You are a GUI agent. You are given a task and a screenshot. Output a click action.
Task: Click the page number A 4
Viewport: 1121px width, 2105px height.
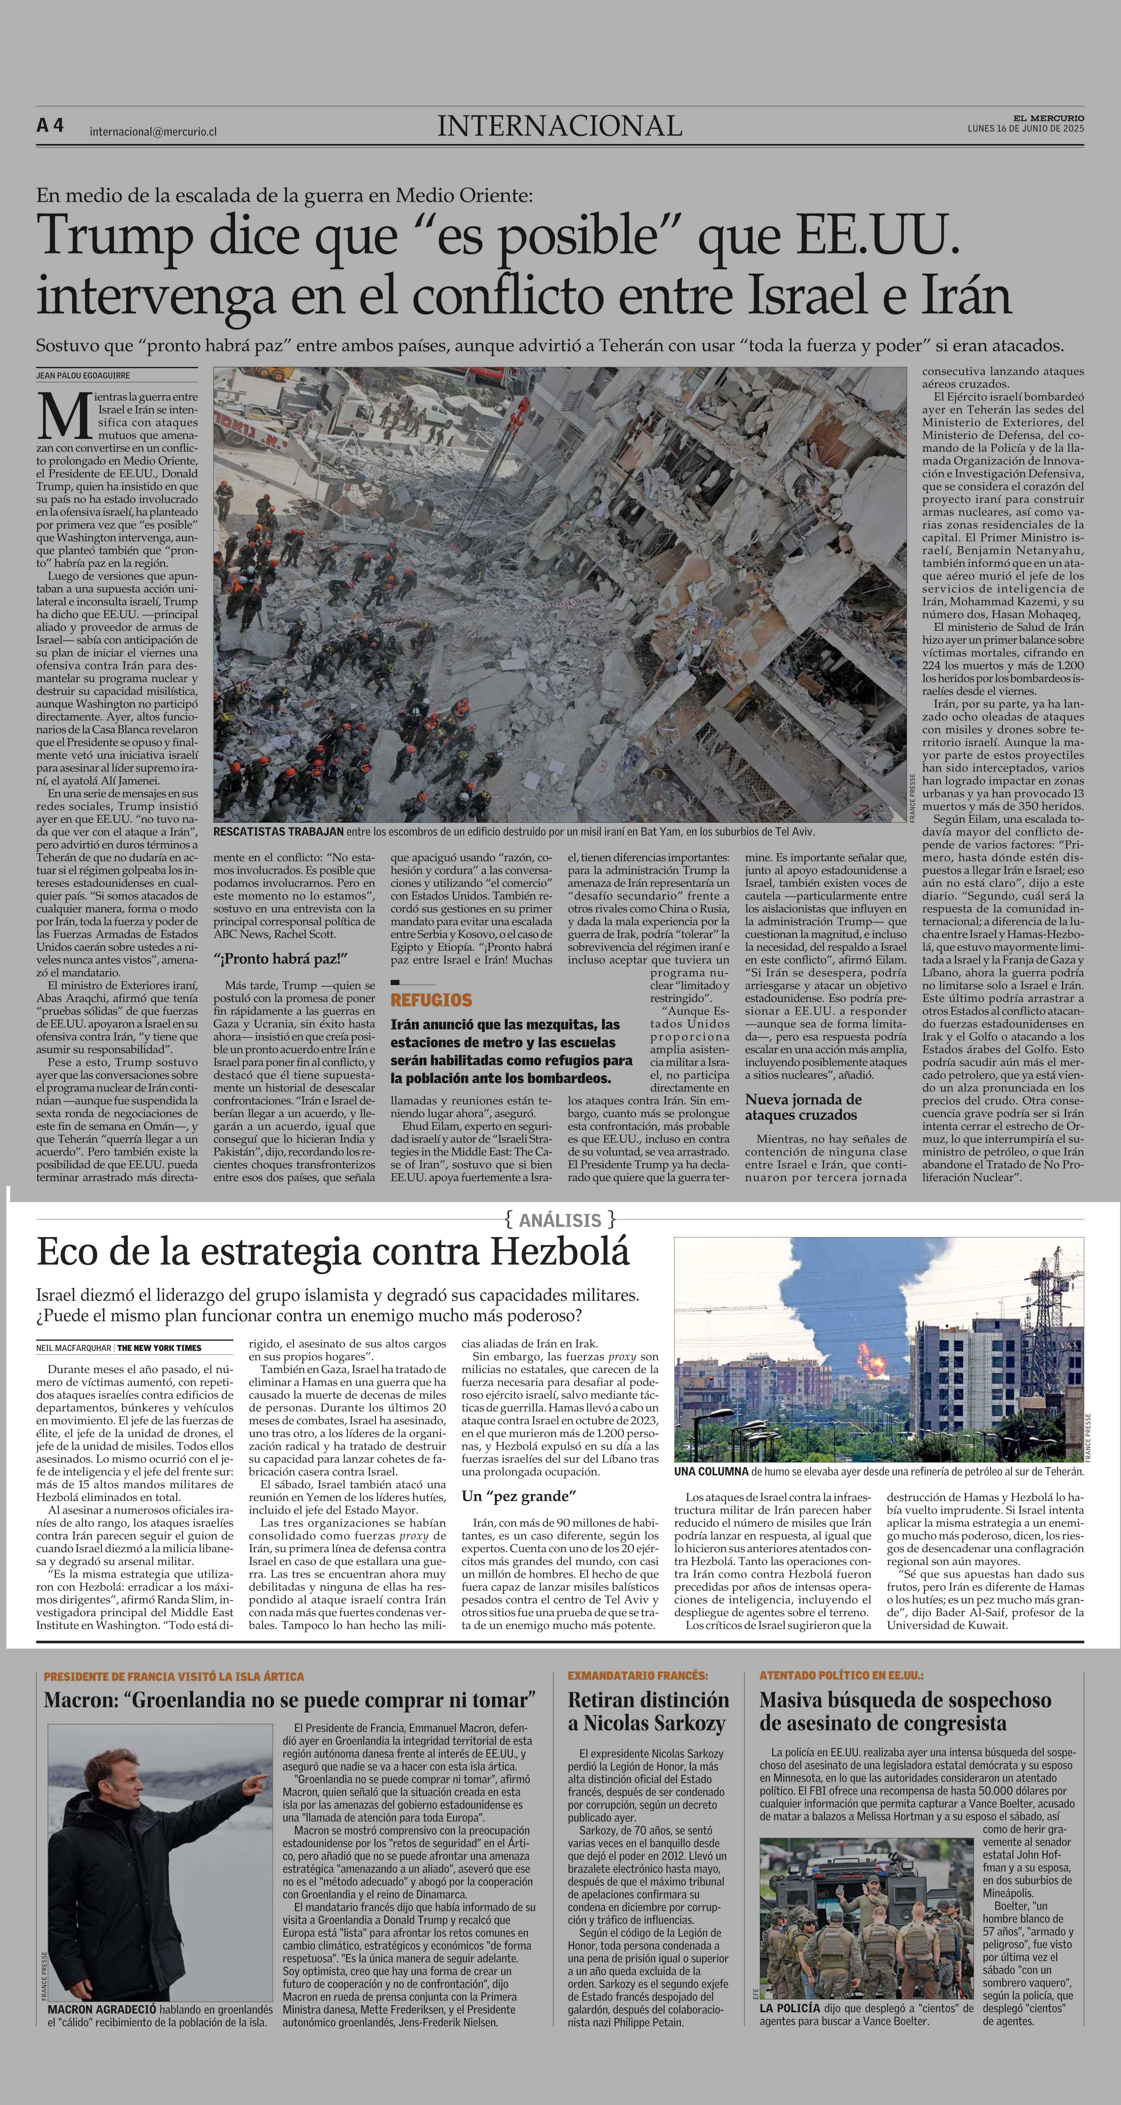[x=50, y=126]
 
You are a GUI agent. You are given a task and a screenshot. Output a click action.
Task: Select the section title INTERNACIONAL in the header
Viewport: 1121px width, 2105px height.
[x=560, y=126]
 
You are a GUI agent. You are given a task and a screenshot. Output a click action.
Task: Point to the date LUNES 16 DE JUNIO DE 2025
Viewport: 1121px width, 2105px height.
[x=1025, y=128]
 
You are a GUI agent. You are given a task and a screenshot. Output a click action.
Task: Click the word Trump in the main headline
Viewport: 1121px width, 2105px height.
[x=114, y=236]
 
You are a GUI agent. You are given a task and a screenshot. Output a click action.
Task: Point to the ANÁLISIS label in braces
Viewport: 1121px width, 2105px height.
[x=560, y=1220]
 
